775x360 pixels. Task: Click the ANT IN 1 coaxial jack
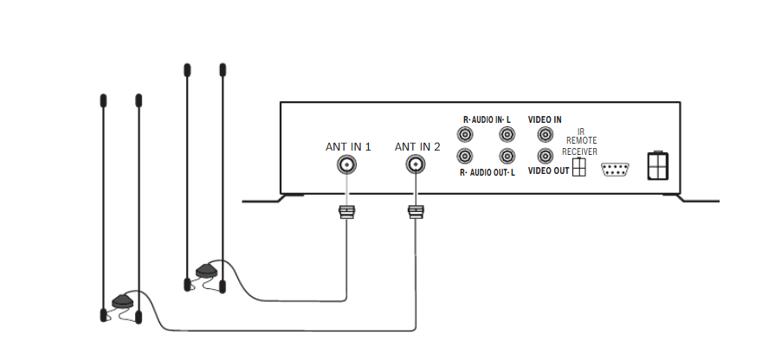point(347,165)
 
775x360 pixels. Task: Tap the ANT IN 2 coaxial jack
point(417,165)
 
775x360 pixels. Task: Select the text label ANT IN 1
point(347,146)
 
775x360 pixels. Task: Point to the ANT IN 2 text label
point(417,146)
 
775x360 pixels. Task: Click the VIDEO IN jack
point(545,135)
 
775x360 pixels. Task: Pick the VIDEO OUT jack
point(545,157)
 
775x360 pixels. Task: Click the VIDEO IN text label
point(545,119)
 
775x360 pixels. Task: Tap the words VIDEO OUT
point(548,171)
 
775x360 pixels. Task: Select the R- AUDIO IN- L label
point(488,119)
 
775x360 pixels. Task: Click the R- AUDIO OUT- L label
point(488,172)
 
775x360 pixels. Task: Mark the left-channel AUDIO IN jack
point(507,135)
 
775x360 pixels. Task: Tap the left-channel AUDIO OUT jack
point(507,157)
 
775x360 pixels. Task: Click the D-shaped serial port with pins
point(614,169)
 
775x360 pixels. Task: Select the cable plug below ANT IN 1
point(346,210)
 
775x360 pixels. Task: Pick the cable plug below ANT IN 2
point(417,210)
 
